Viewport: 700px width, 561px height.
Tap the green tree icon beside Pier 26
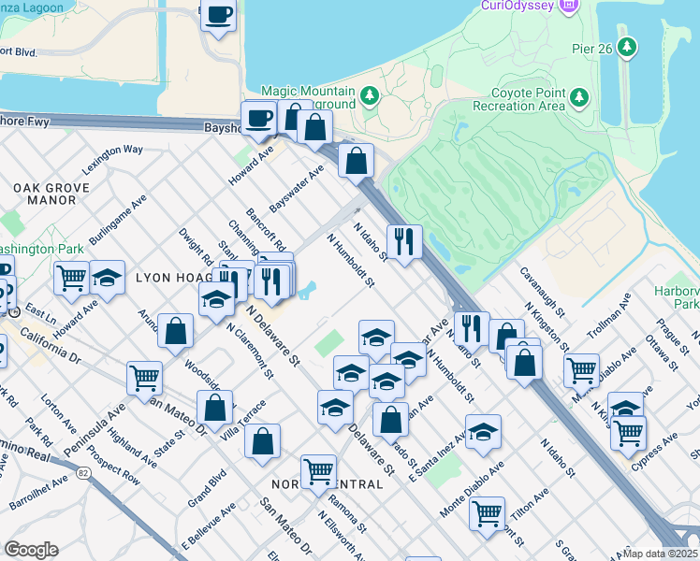click(627, 47)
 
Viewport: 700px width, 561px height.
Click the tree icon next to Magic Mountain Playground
click(371, 95)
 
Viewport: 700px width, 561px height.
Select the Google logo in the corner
click(31, 550)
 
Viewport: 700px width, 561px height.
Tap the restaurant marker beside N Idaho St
click(404, 240)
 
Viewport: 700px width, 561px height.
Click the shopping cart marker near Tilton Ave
click(487, 512)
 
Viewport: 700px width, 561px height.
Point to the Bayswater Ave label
click(296, 186)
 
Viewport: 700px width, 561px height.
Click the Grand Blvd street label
click(207, 486)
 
